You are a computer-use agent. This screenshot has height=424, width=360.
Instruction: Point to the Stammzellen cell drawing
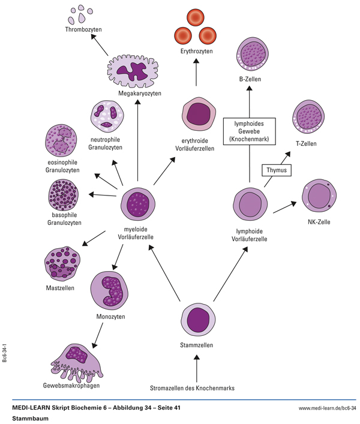(197, 319)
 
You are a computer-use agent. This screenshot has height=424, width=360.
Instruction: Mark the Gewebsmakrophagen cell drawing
(75, 361)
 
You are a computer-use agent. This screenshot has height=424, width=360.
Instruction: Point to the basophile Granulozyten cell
(66, 196)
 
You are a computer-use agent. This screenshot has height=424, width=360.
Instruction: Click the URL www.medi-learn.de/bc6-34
(327, 408)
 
